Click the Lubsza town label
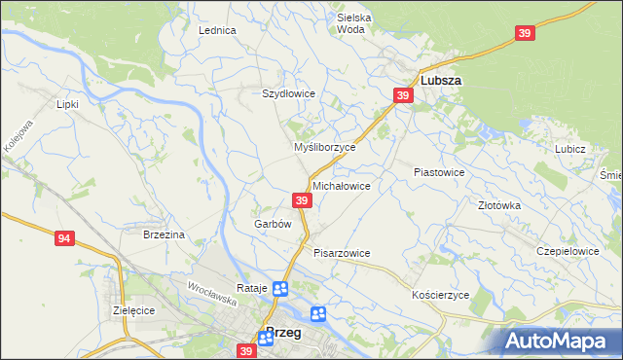(440, 82)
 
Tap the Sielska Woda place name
(355, 23)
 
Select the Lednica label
(218, 30)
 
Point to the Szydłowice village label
(288, 93)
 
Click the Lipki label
(67, 103)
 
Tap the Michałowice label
(341, 185)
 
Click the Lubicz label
(569, 149)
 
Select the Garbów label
(273, 224)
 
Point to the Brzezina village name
(164, 234)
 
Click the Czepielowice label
(567, 250)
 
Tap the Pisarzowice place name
(342, 253)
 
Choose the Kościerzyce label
(441, 294)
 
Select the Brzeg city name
(282, 332)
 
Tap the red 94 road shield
(65, 238)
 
